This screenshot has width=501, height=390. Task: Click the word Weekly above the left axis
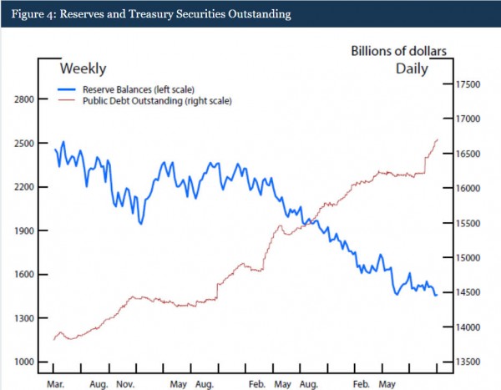coord(83,68)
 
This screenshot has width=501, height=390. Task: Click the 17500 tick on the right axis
coord(470,84)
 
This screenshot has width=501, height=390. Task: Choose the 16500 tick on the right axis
coord(470,154)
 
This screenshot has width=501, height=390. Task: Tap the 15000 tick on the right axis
coord(470,258)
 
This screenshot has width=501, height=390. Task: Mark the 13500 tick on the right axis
coord(470,362)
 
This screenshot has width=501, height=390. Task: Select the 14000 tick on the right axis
coord(470,327)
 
